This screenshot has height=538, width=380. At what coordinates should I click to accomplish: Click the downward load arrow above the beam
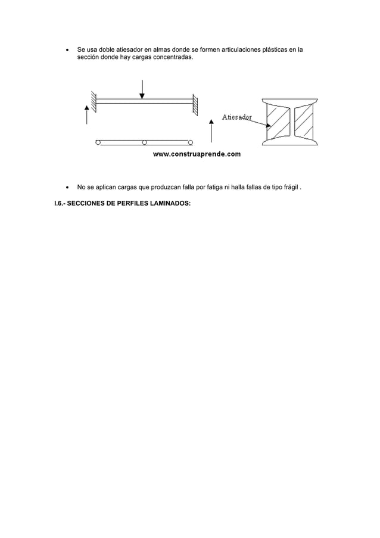click(x=142, y=89)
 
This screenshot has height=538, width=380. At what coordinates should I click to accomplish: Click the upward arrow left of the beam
click(x=87, y=114)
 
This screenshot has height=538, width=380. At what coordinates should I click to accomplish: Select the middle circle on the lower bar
click(x=144, y=142)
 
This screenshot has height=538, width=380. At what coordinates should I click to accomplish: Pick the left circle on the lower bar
click(x=98, y=142)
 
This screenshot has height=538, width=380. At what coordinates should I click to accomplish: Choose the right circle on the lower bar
click(x=191, y=142)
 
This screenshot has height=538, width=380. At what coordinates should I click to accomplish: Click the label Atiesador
click(x=236, y=117)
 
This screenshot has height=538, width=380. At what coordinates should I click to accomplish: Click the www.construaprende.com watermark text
click(x=197, y=154)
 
